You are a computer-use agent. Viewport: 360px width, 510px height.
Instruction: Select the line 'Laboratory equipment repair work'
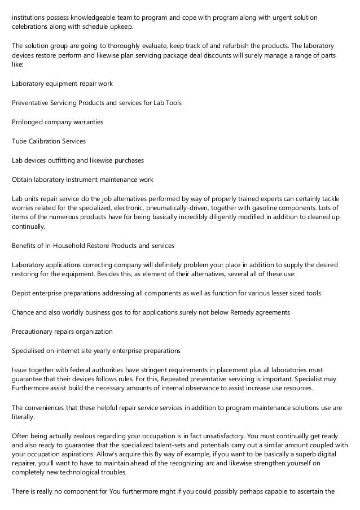click(x=62, y=84)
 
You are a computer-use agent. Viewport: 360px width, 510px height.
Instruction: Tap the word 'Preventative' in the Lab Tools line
click(x=32, y=103)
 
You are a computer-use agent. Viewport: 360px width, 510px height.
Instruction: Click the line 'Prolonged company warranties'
click(x=57, y=122)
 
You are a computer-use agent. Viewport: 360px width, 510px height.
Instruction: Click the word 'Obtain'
click(x=22, y=180)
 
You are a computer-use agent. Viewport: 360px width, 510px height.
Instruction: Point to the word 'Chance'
click(x=24, y=312)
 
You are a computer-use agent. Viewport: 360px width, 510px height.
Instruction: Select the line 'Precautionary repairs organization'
click(x=62, y=331)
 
